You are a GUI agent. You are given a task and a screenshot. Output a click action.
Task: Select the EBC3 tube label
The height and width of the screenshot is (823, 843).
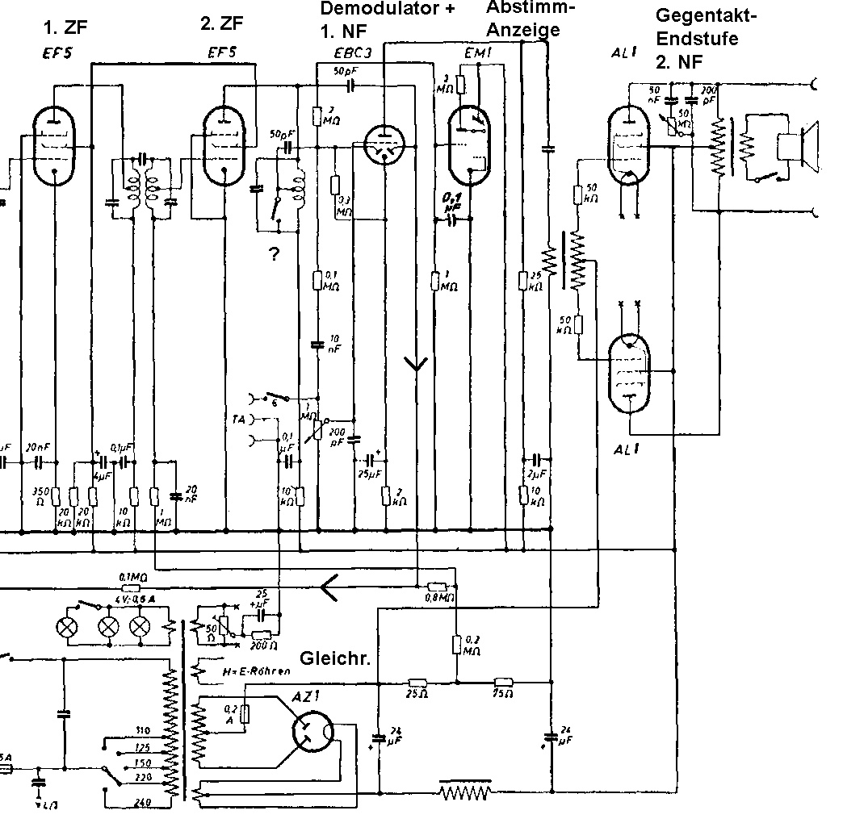353,54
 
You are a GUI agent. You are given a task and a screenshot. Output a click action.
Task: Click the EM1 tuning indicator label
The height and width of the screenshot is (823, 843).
478,52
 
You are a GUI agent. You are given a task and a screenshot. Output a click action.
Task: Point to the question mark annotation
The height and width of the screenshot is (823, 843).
275,255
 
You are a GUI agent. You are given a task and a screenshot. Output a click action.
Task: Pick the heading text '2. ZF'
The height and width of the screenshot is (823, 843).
220,24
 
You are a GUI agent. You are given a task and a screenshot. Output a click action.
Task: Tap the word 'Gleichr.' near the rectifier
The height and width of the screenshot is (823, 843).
335,658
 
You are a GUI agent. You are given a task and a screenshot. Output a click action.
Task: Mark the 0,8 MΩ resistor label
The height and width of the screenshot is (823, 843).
438,599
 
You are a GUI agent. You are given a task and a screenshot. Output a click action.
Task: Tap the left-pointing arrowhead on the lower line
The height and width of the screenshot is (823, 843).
329,586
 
